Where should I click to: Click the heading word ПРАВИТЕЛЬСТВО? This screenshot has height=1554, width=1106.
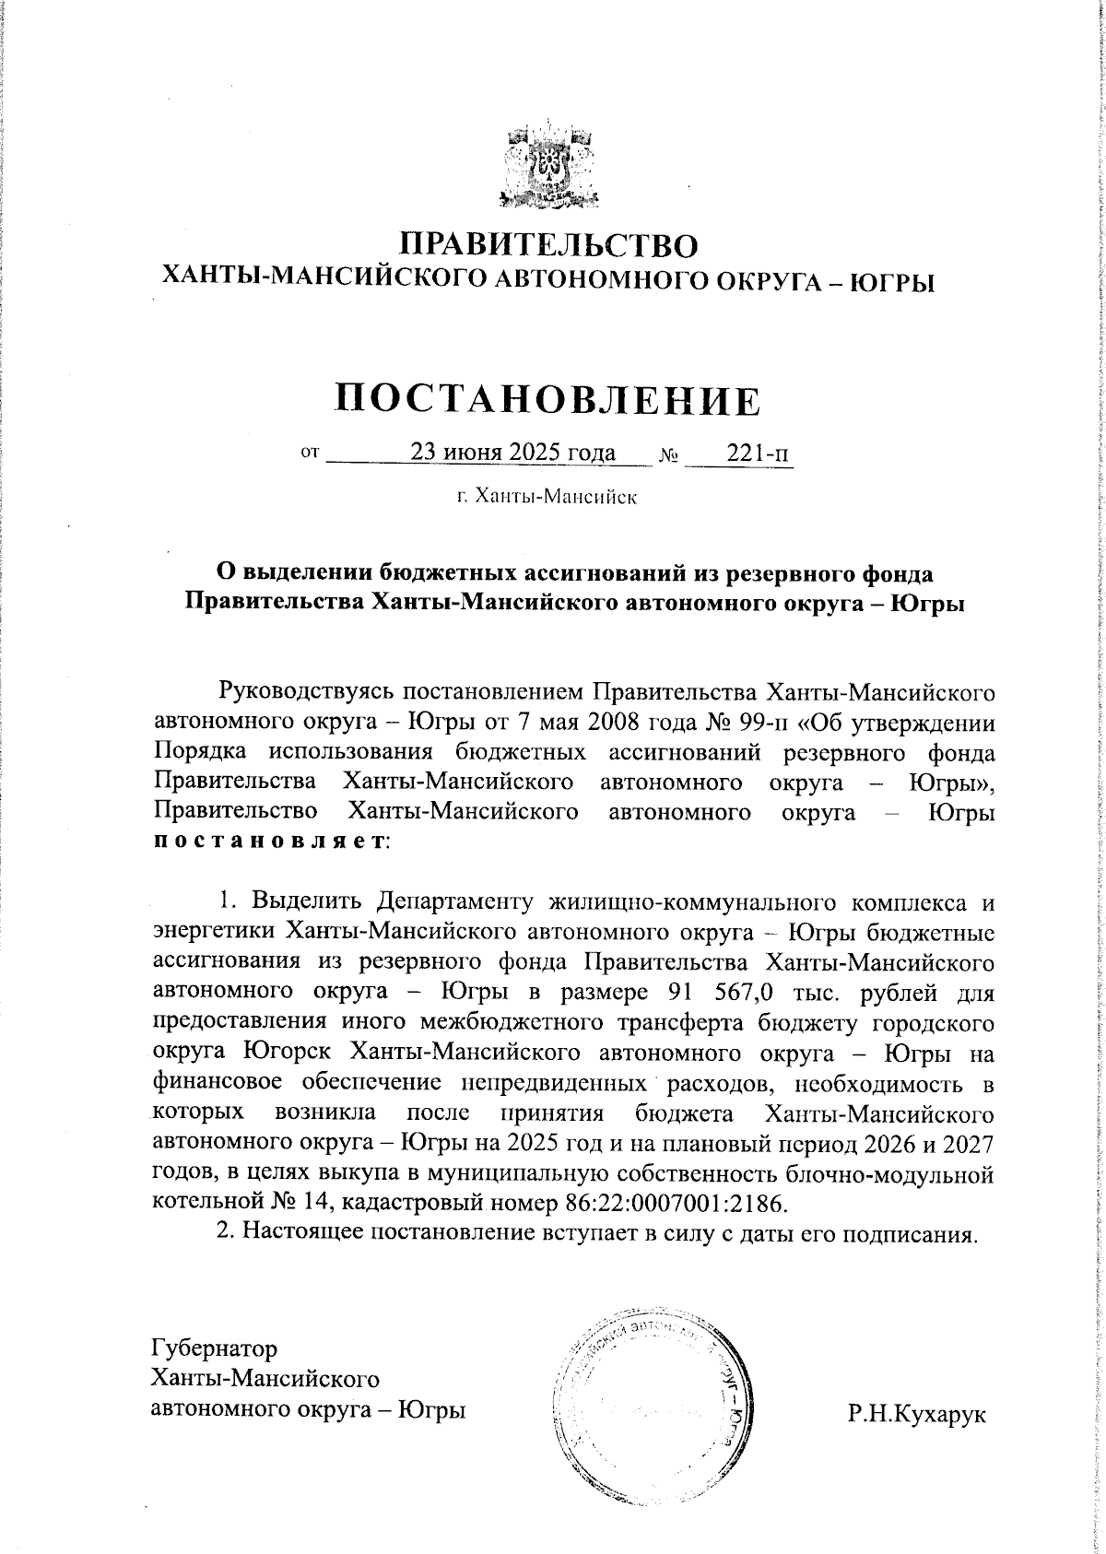tap(550, 244)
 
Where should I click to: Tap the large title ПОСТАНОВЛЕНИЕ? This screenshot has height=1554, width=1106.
tap(549, 400)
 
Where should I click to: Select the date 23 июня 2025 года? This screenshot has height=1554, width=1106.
tap(512, 453)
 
